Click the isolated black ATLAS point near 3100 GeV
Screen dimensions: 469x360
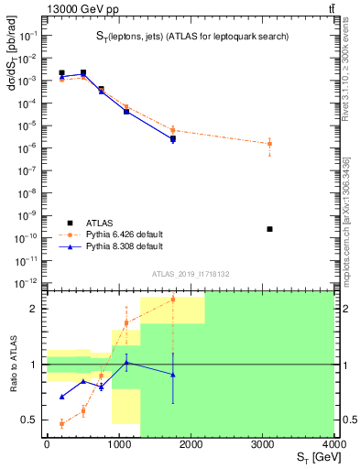click(x=269, y=228)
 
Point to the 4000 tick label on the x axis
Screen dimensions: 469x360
click(x=333, y=445)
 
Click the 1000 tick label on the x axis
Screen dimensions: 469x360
click(x=118, y=445)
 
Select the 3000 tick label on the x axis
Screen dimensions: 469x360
click(x=263, y=445)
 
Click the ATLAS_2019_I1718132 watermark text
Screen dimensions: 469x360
click(x=191, y=273)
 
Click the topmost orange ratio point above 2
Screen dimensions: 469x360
click(x=172, y=300)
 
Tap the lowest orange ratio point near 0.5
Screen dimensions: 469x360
click(x=61, y=423)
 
